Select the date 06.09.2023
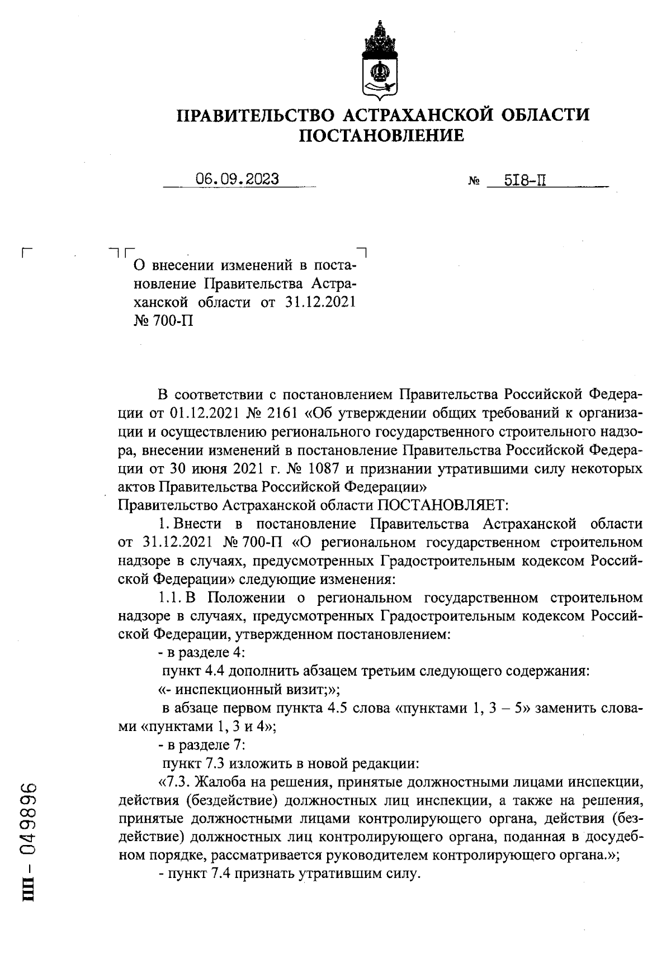click(237, 179)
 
